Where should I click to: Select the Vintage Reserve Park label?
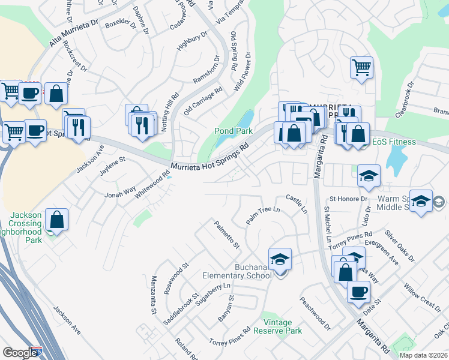pos(277,326)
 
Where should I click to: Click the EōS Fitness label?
pos(394,142)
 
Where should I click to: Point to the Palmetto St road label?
pos(228,235)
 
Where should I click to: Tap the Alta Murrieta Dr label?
pos(73,33)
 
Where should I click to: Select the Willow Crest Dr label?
pos(423,295)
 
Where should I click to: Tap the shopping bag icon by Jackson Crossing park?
pos(56,220)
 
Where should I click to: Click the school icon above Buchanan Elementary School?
pos(280,259)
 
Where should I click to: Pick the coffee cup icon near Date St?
pos(359,292)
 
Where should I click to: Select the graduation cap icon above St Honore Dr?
pos(369,176)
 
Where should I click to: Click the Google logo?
pos(20,353)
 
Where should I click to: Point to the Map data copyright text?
pos(423,355)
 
